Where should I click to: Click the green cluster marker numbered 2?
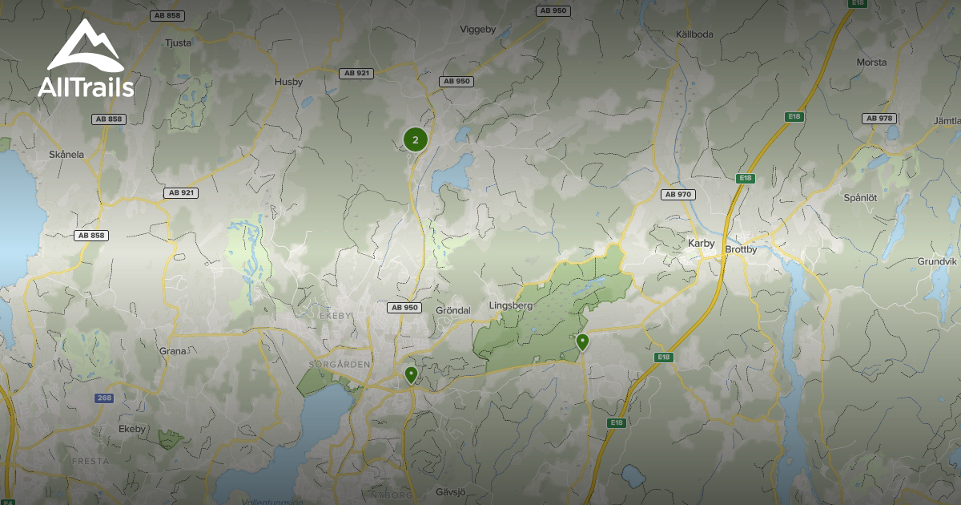[x=415, y=139]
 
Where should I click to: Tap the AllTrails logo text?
[x=86, y=87]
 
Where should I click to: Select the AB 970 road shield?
[x=678, y=194]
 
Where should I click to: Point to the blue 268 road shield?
[x=104, y=398]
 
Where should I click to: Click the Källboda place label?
[x=694, y=34]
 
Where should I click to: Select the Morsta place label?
[x=871, y=62]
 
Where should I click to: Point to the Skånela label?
[x=66, y=155]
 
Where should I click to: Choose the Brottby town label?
[x=740, y=249]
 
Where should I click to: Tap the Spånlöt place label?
[x=861, y=197]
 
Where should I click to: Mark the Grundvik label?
[x=937, y=261]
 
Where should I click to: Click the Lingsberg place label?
[x=510, y=305]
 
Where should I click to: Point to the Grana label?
[x=172, y=351]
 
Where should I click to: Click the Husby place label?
[x=288, y=81]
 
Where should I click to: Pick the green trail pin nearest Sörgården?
[x=411, y=374]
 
